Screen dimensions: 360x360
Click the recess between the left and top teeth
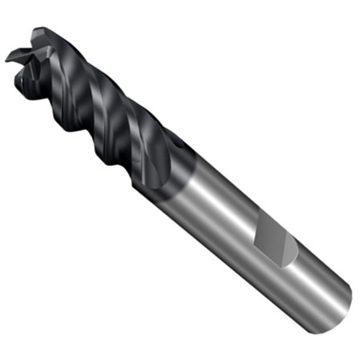click(27, 47)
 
